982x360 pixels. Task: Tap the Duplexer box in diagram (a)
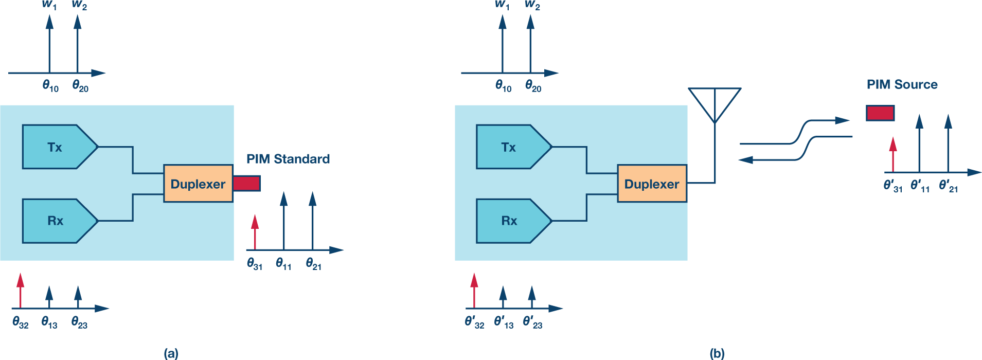pyautogui.click(x=198, y=184)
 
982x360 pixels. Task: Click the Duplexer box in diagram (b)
pyautogui.click(x=652, y=184)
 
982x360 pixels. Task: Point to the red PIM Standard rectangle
pyautogui.click(x=246, y=184)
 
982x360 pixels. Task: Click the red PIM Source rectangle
pyautogui.click(x=880, y=113)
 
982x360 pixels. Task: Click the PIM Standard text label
pyautogui.click(x=288, y=159)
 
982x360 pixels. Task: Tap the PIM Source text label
pyautogui.click(x=902, y=85)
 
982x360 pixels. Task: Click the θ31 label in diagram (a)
pyautogui.click(x=255, y=264)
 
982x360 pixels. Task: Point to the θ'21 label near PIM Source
pyautogui.click(x=948, y=186)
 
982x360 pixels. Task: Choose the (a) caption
pyautogui.click(x=171, y=353)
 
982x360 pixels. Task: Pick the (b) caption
pyautogui.click(x=717, y=353)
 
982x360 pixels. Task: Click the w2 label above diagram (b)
pyautogui.click(x=532, y=6)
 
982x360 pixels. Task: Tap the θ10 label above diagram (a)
pyautogui.click(x=50, y=86)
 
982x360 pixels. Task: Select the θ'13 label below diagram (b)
pyautogui.click(x=504, y=322)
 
